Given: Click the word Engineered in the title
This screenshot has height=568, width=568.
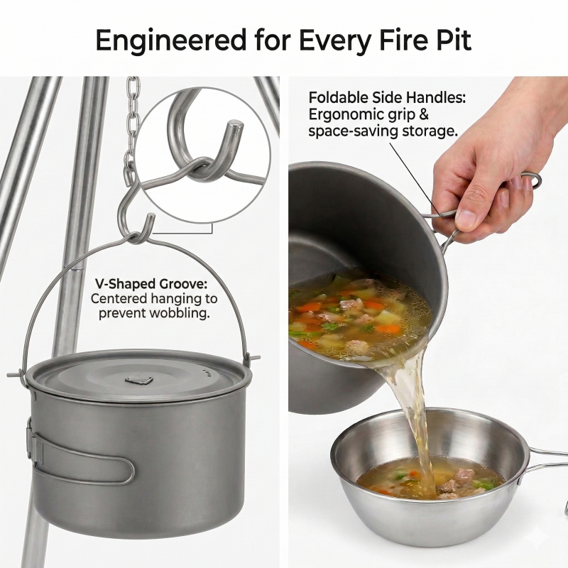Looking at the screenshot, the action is (171, 40).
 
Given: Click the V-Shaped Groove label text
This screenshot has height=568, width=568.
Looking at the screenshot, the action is (151, 283).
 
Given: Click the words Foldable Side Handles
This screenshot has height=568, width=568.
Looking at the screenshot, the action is (387, 97).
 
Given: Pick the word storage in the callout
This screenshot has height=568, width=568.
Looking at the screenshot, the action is (430, 131).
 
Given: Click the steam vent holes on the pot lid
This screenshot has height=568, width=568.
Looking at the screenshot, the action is (207, 371).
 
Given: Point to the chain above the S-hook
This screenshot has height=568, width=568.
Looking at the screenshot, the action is (133, 126).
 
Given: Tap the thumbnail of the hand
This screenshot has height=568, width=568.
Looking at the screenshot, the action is (465, 218).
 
